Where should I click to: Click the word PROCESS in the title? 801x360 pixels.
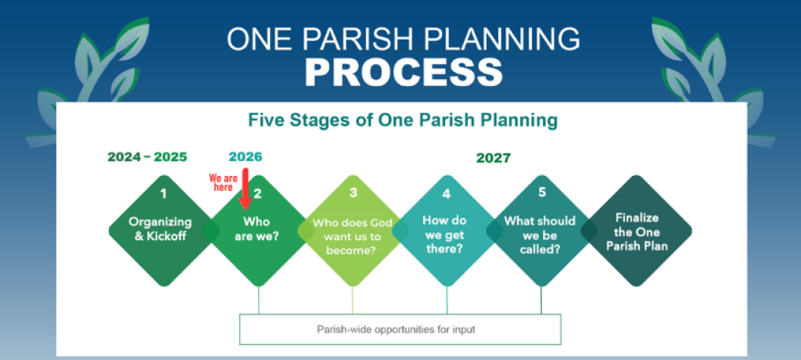click(x=404, y=72)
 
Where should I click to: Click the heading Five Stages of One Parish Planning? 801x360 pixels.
click(x=403, y=121)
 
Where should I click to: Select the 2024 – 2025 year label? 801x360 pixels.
click(x=147, y=157)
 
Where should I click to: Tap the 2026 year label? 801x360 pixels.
click(x=245, y=157)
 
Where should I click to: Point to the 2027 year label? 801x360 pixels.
click(x=493, y=158)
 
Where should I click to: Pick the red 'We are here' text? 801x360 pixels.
click(x=223, y=182)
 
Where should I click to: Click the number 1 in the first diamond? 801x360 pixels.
click(x=163, y=194)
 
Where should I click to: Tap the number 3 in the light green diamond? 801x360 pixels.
click(x=353, y=193)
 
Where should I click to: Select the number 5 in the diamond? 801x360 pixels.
click(x=542, y=192)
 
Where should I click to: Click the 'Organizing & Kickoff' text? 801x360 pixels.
click(x=160, y=229)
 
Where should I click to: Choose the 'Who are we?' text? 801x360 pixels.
click(x=257, y=229)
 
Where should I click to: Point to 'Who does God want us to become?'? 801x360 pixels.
click(x=353, y=237)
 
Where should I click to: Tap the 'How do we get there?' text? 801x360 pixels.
click(x=444, y=235)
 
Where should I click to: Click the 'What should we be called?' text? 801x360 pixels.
click(x=540, y=235)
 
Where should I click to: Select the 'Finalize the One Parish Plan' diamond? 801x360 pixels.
click(x=637, y=231)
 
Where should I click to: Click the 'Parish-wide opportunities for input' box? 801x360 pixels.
click(x=400, y=329)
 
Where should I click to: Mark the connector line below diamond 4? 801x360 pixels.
click(x=447, y=300)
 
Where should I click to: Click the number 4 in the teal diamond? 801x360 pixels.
click(x=447, y=194)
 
